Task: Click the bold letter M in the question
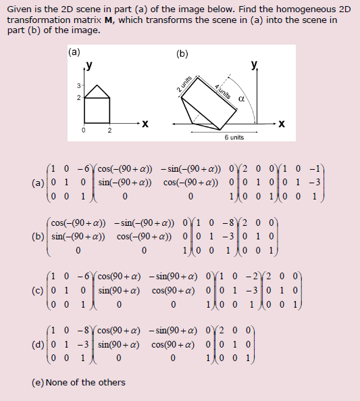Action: coord(107,20)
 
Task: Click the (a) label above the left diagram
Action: coord(74,52)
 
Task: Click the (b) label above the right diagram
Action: coord(182,54)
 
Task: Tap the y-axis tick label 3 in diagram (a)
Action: coord(78,85)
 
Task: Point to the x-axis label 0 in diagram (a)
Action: coord(84,131)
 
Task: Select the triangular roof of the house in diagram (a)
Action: coord(98,92)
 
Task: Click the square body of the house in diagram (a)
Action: coord(98,110)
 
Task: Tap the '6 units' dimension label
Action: coord(234,137)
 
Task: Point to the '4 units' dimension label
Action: coord(223,90)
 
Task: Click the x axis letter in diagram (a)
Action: coord(145,124)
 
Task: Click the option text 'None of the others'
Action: coord(85,383)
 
